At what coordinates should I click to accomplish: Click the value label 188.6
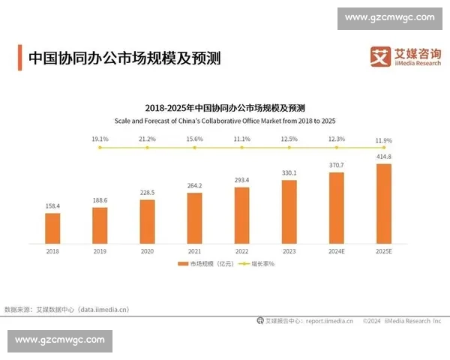pyautogui.click(x=100, y=200)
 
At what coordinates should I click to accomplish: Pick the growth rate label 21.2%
pyautogui.click(x=147, y=139)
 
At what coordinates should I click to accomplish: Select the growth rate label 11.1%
pyautogui.click(x=241, y=139)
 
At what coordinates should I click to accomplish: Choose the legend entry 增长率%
pyautogui.click(x=259, y=264)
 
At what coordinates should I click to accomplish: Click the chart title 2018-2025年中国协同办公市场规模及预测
pyautogui.click(x=224, y=108)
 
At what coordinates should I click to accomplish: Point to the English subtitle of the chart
pyautogui.click(x=224, y=120)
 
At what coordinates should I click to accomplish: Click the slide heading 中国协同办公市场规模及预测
pyautogui.click(x=124, y=58)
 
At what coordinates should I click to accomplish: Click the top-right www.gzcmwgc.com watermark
pyautogui.click(x=389, y=16)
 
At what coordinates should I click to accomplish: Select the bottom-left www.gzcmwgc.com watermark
pyautogui.click(x=60, y=340)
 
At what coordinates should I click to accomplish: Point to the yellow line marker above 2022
pyautogui.click(x=241, y=148)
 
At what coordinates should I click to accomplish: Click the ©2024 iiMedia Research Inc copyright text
pyautogui.click(x=402, y=320)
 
